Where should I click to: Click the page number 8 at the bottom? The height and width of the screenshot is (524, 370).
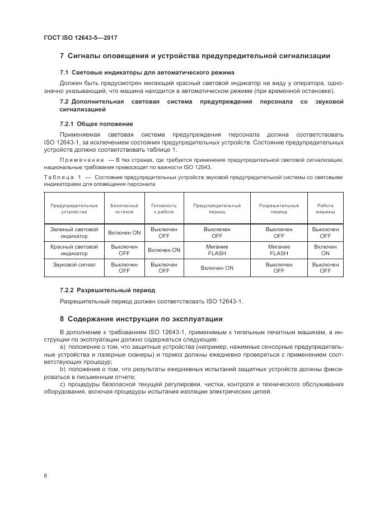pyautogui.click(x=45, y=475)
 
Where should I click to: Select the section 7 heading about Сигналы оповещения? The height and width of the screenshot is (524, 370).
pyautogui.click(x=194, y=56)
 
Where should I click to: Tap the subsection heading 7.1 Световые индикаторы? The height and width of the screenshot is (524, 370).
pyautogui.click(x=147, y=73)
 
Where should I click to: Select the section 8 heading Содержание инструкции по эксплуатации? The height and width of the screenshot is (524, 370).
pyautogui.click(x=141, y=319)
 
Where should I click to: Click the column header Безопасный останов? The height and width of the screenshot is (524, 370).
pyautogui.click(x=124, y=209)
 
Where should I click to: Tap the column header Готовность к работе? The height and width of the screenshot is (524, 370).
pyautogui.click(x=164, y=209)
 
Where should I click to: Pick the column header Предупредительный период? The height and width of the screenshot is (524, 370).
pyautogui.click(x=217, y=209)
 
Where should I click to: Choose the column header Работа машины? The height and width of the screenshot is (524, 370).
pyautogui.click(x=325, y=209)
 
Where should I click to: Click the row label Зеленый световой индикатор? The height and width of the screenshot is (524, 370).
pyautogui.click(x=74, y=233)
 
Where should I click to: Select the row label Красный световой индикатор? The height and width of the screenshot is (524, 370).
pyautogui.click(x=74, y=250)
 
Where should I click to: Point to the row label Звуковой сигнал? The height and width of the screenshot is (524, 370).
pyautogui.click(x=74, y=264)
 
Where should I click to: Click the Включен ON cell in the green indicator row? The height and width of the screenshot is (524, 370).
pyautogui.click(x=124, y=233)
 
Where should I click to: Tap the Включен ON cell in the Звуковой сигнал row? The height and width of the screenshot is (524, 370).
pyautogui.click(x=217, y=268)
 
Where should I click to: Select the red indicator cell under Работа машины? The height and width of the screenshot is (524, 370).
pyautogui.click(x=325, y=250)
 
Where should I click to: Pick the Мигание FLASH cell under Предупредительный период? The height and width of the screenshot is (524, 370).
pyautogui.click(x=217, y=250)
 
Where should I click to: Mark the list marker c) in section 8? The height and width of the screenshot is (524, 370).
pyautogui.click(x=63, y=385)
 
